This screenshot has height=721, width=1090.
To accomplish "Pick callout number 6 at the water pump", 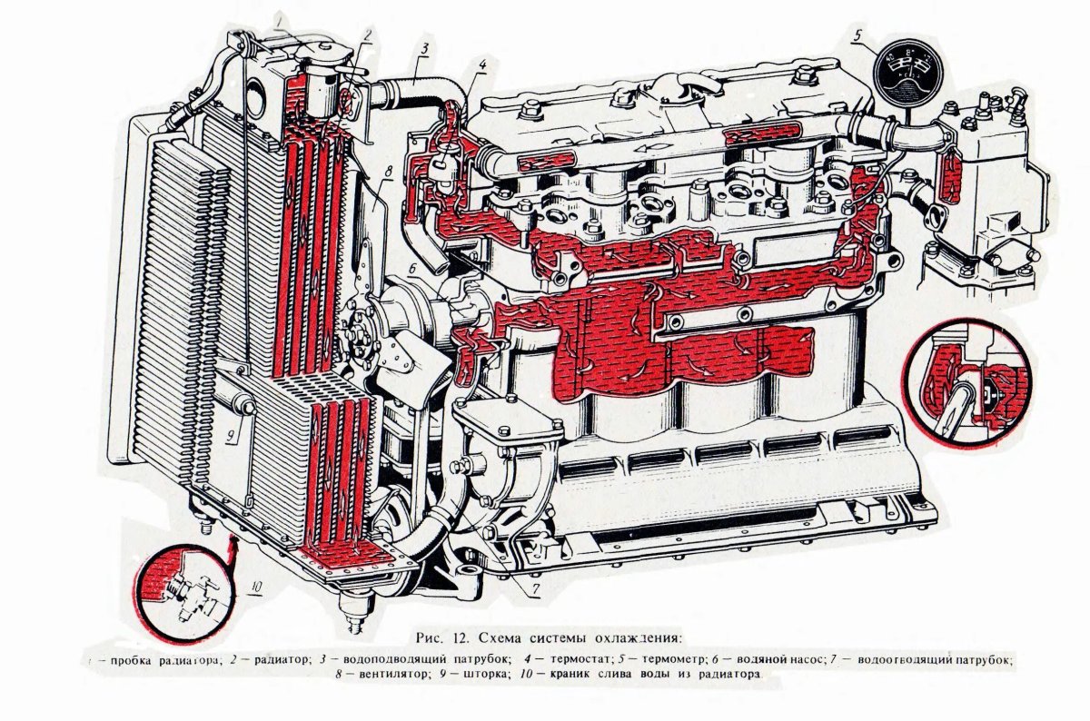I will pos(411,269).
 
